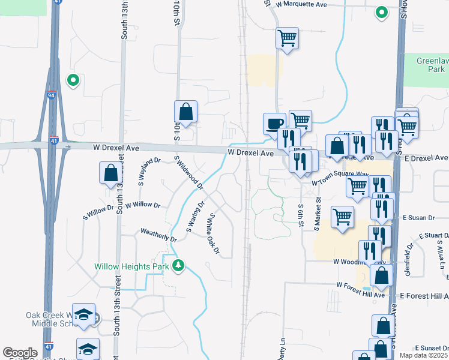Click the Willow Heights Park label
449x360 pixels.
(131, 266)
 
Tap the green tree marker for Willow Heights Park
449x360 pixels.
(178, 265)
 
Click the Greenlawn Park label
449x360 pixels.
(433, 65)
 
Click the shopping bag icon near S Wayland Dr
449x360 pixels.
(111, 173)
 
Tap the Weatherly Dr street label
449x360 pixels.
(158, 235)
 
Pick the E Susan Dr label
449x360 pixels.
(418, 217)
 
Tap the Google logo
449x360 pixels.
(20, 352)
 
